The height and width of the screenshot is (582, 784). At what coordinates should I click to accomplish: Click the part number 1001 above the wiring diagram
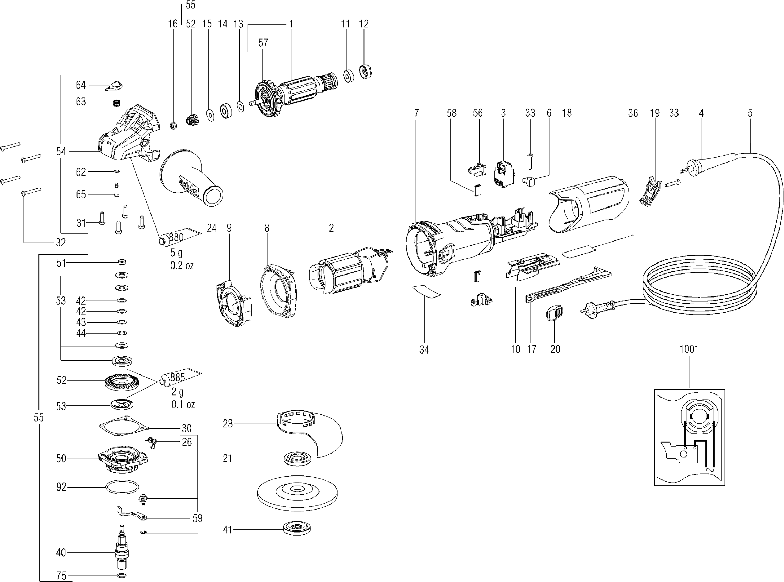[688, 349]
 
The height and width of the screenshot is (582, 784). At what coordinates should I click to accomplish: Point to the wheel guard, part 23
[310, 432]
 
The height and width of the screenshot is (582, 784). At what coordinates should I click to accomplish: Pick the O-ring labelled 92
[122, 488]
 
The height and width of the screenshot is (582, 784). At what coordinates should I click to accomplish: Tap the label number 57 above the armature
[263, 43]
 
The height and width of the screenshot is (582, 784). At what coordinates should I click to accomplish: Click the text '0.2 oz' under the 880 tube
[182, 265]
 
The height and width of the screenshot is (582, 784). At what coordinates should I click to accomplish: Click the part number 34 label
[424, 350]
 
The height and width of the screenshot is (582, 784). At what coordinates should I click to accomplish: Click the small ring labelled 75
[122, 576]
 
